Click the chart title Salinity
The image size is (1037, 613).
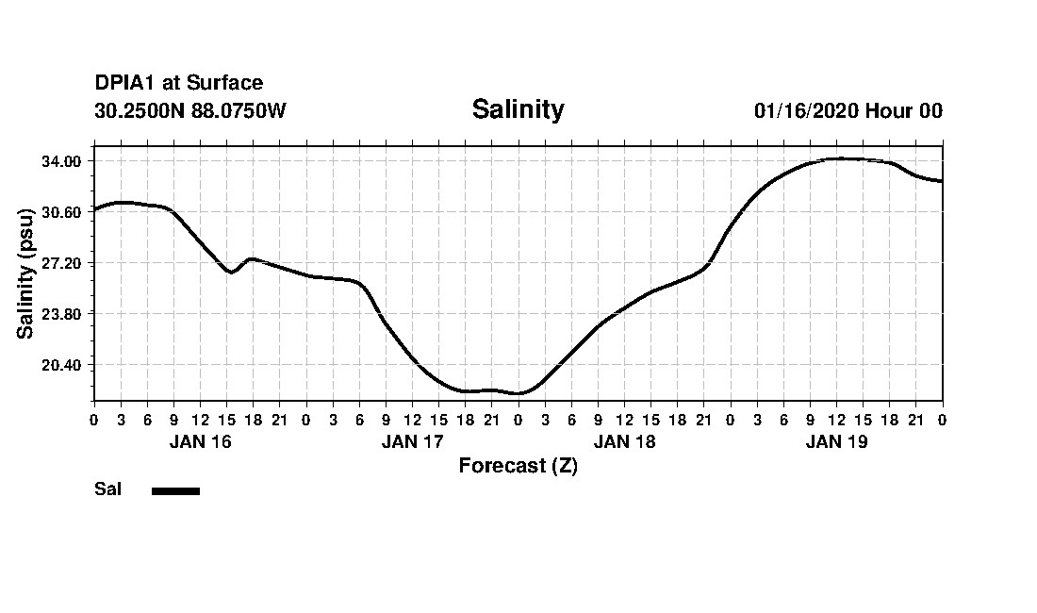(x=518, y=109)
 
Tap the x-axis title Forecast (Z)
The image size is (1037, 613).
(x=518, y=466)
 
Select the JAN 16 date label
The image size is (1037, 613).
(x=200, y=441)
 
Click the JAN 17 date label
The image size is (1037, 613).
(x=412, y=441)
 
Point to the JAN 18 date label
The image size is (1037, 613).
(x=624, y=441)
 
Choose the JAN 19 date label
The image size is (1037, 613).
(x=836, y=441)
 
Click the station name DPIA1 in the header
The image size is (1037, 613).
(x=126, y=84)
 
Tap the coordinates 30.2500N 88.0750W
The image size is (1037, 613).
(x=189, y=110)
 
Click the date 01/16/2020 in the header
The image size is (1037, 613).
(x=806, y=110)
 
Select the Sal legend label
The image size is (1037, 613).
(x=107, y=489)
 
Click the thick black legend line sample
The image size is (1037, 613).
(x=175, y=490)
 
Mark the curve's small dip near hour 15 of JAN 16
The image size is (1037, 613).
(x=230, y=273)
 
